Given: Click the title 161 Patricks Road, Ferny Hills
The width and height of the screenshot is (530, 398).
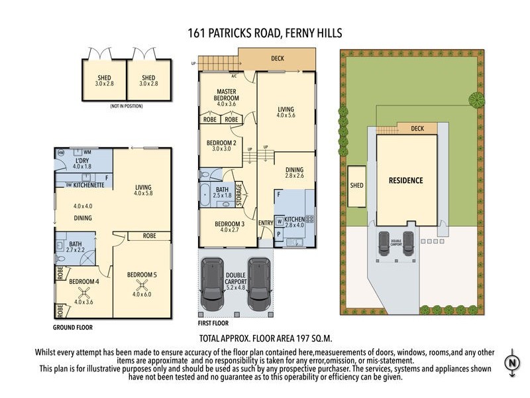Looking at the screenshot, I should [266, 33].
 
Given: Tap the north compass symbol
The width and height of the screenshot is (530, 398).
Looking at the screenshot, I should [512, 363].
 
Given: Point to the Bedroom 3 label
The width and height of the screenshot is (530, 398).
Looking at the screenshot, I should [230, 227].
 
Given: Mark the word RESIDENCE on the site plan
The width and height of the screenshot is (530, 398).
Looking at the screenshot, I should [406, 180].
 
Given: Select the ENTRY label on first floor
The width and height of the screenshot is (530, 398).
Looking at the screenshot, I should [266, 222].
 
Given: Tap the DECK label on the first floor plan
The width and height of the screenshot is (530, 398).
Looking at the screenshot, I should [278, 58].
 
